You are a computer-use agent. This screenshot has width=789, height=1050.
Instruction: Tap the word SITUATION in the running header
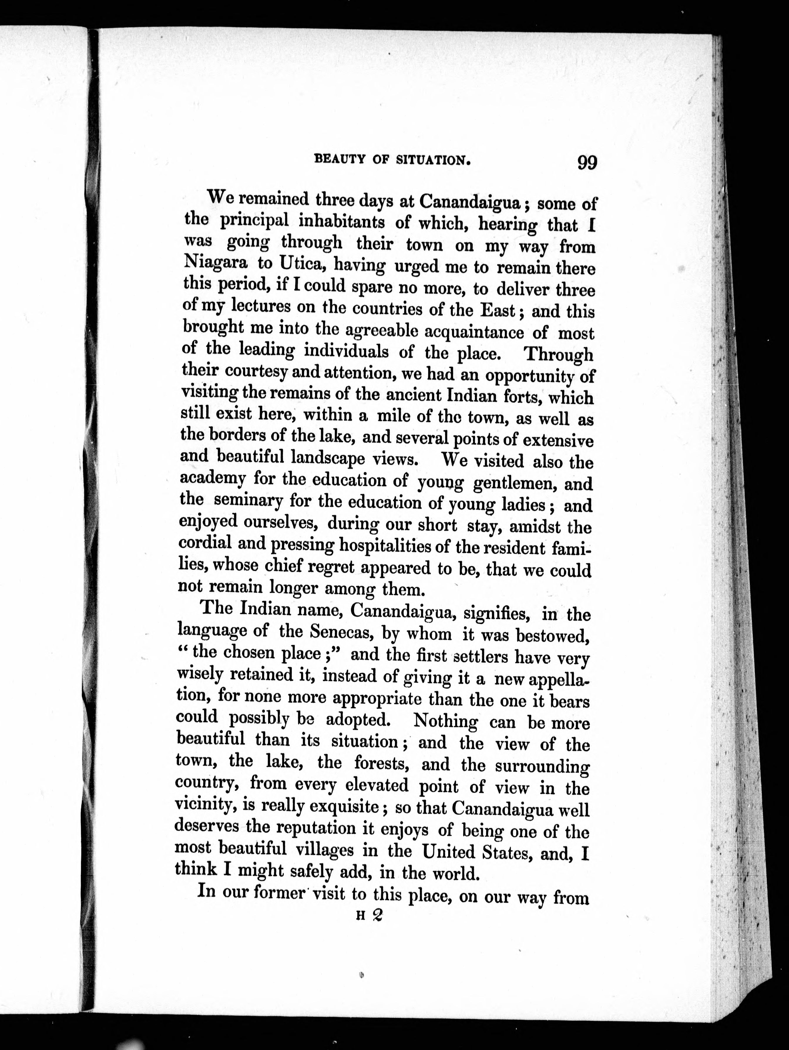tap(433, 160)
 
